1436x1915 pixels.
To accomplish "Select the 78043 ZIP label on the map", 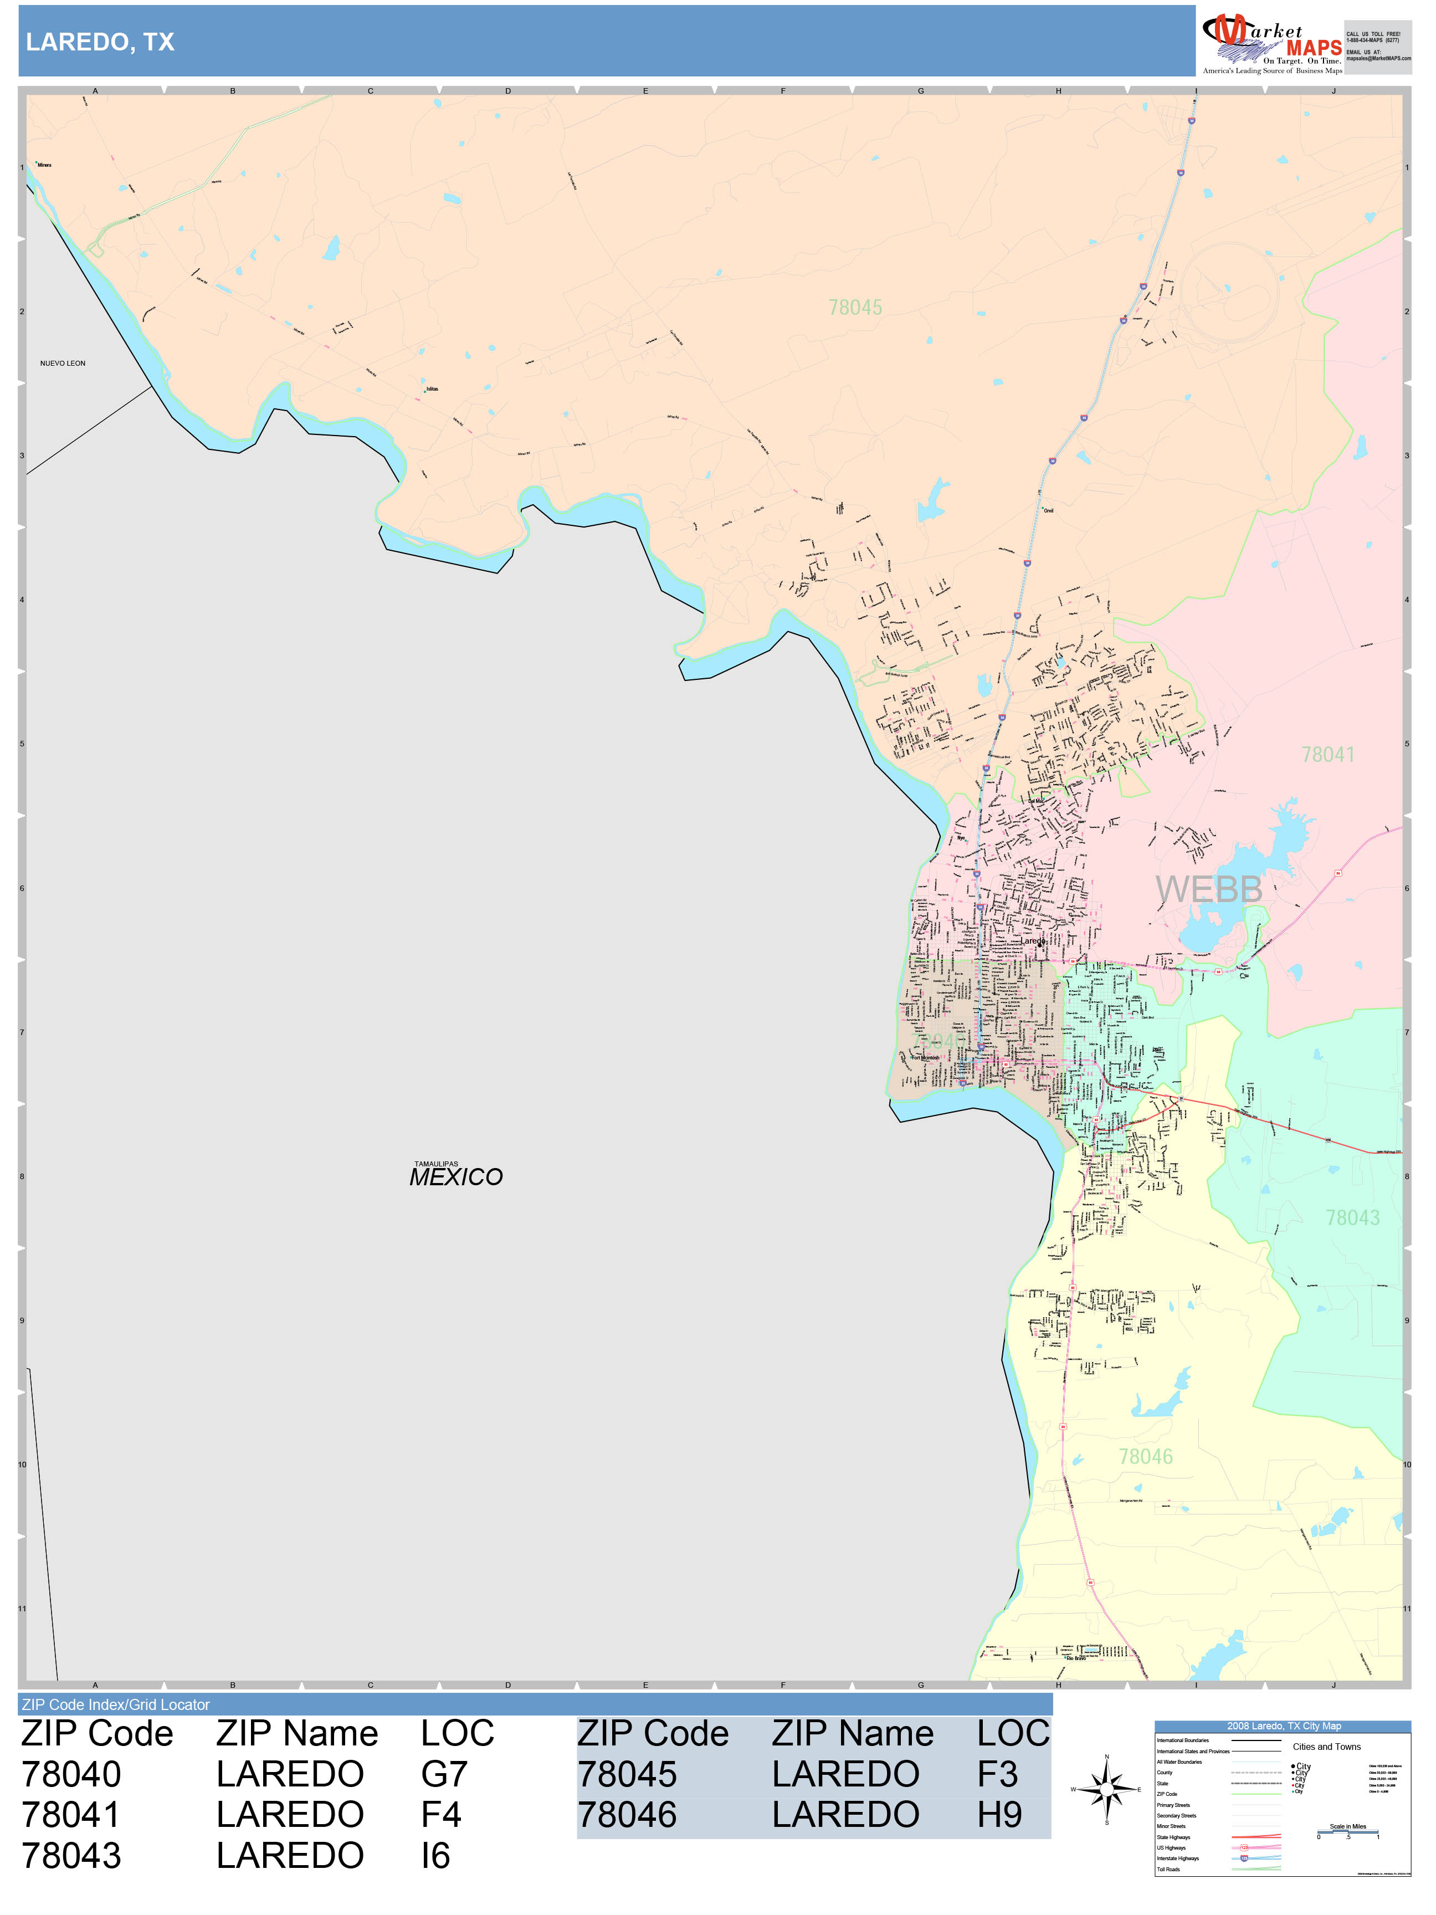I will point(1352,1218).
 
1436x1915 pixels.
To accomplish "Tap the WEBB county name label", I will point(1208,890).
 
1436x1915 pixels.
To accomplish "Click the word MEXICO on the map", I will point(455,1177).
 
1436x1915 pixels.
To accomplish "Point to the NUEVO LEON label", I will point(62,363).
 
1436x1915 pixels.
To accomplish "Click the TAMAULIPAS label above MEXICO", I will point(435,1164).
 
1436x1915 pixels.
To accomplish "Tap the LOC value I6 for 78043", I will point(435,1856).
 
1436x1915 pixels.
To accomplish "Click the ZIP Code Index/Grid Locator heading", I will point(116,1704).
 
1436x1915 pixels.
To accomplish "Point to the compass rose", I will point(1106,1789).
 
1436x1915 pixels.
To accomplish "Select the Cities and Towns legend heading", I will point(1326,1747).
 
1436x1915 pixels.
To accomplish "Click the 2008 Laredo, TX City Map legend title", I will point(1283,1726).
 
